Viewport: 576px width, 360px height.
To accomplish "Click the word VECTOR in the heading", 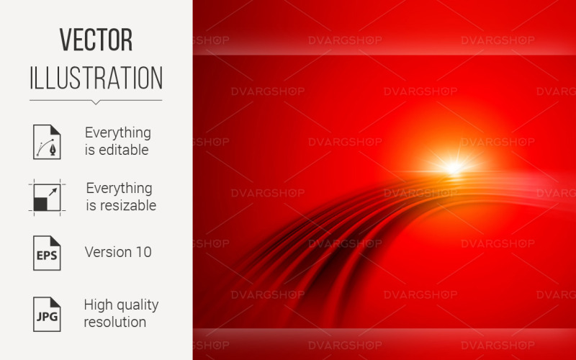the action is point(96,40).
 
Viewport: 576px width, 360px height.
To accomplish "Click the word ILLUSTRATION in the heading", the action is point(96,78).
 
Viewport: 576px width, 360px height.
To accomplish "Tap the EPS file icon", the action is point(47,253).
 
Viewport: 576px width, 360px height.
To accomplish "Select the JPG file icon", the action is point(47,315).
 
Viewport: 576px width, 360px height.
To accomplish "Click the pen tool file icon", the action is point(47,142).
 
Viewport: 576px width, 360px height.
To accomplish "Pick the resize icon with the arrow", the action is point(47,197).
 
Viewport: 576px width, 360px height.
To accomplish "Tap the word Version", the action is point(109,253).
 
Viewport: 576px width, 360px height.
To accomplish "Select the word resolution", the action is point(115,322).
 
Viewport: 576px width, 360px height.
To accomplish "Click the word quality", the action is point(138,305).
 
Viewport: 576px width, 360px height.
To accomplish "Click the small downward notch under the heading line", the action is point(96,102).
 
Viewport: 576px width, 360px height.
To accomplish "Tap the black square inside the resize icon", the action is point(40,204).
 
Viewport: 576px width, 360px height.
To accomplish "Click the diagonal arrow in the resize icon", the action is point(53,192).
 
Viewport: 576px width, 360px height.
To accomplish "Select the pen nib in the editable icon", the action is point(53,150).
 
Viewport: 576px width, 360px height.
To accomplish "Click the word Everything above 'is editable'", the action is point(118,133).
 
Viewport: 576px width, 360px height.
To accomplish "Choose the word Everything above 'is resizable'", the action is point(120,189).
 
